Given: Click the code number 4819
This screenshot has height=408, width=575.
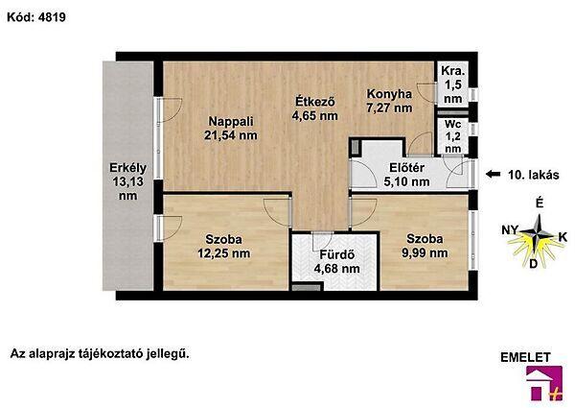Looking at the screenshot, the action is coord(52,17).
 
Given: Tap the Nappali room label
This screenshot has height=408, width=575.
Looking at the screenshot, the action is coord(231,121).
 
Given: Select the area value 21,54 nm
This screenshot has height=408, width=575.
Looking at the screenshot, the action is coord(231,135).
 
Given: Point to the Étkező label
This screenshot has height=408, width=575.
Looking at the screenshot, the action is coord(315,101).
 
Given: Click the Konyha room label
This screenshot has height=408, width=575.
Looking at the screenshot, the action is coord(389,94).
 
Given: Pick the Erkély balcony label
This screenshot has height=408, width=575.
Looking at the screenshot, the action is coord(128,168).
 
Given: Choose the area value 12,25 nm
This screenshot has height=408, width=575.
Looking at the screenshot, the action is coord(223,253).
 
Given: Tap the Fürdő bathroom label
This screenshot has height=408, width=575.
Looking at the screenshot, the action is coord(336,254).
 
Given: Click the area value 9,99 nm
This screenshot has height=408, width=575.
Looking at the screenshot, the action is coord(425,252).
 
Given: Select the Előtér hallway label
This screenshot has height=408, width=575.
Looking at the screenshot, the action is coord(406,168).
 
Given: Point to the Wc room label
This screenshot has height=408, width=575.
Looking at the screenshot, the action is coord(453,124).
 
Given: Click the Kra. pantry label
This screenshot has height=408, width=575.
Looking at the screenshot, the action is coord(453,70).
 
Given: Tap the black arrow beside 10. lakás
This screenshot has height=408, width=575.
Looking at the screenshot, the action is coord(494,174).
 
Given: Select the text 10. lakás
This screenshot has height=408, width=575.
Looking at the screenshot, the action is coord(534,175).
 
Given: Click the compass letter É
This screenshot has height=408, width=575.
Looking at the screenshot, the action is coord(540,203).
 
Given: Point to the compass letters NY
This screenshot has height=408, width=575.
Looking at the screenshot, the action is coord(510,230).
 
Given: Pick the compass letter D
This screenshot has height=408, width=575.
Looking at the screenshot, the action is coord(533,263).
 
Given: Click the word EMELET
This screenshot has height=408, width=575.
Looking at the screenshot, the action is coord(525,357).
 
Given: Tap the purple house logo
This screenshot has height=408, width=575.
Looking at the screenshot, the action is coord(544,383).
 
